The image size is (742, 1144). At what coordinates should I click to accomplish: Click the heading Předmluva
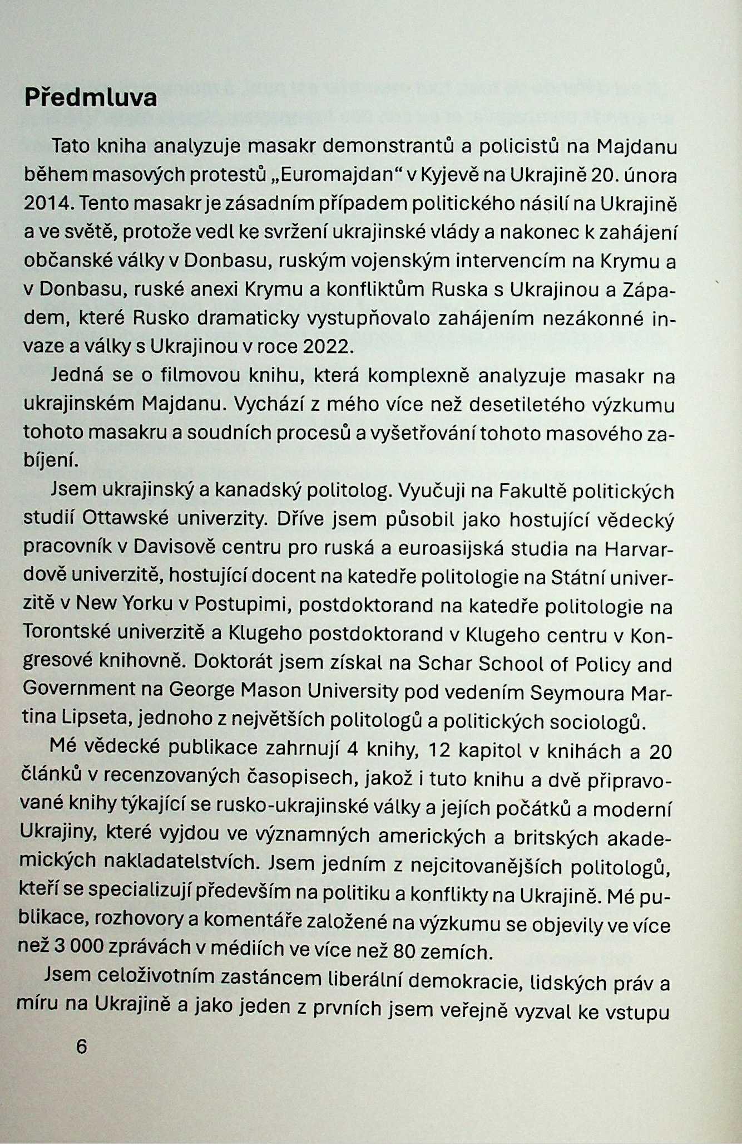point(91,99)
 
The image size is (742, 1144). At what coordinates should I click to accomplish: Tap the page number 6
point(82,1046)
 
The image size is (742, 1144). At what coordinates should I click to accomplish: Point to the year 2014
point(47,204)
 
